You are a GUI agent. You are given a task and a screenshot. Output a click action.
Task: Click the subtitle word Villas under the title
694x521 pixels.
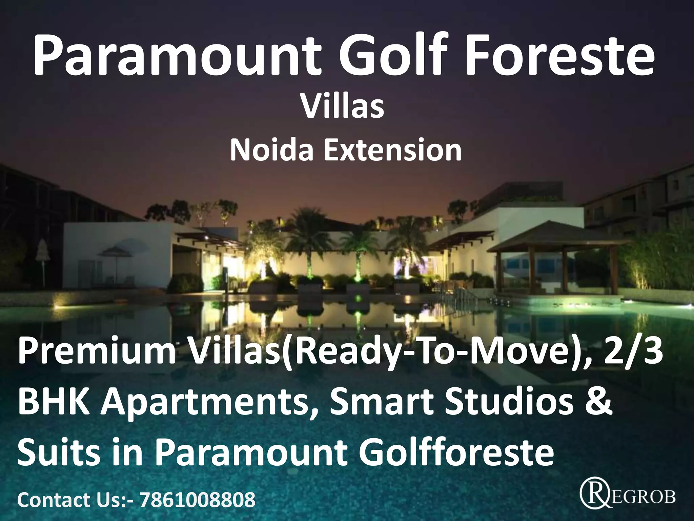coord(343,107)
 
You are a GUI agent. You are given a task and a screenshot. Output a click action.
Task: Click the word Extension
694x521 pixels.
coord(393,150)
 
